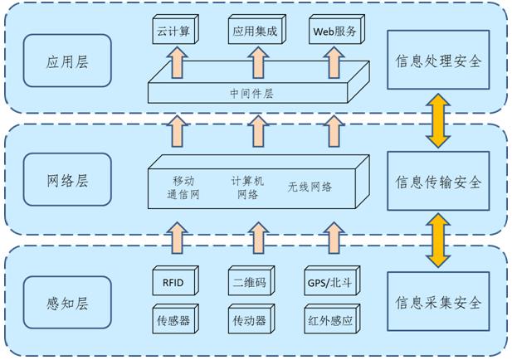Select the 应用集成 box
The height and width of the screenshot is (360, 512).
[x=253, y=32]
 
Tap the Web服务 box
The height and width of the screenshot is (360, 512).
[x=335, y=32]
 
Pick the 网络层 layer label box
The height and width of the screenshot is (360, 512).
[x=66, y=179]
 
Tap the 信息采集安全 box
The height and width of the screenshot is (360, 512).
[x=438, y=302]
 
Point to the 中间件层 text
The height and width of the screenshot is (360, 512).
[x=254, y=93]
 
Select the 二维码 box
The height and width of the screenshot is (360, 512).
[x=252, y=283]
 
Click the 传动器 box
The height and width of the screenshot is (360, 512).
[x=252, y=319]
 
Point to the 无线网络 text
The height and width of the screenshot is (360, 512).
[x=310, y=187]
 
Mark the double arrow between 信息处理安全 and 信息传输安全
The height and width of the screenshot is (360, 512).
[x=438, y=121]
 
